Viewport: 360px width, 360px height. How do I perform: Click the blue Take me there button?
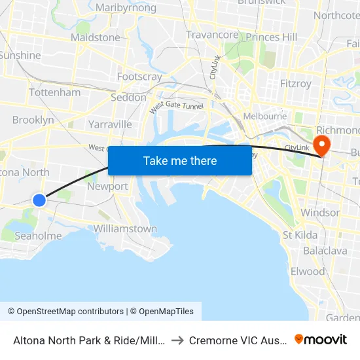[180, 160]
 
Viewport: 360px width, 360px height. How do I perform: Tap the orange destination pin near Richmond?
[322, 144]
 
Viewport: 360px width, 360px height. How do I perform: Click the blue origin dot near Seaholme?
[39, 200]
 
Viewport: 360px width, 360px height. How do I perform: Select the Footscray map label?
[139, 77]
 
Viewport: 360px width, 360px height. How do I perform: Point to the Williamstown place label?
[125, 228]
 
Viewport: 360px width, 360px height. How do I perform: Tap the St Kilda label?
[300, 235]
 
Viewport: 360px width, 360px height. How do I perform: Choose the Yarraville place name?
[110, 124]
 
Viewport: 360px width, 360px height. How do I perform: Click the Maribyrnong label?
[126, 8]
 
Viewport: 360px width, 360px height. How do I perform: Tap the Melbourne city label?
[264, 116]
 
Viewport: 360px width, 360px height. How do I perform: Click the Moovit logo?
[321, 340]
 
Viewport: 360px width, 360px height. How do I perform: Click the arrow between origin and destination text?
[177, 340]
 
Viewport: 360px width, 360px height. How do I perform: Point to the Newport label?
[108, 186]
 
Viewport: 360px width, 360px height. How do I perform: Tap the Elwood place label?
[308, 271]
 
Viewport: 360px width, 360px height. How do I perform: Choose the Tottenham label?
[55, 92]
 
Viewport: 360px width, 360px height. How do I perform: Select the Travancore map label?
[212, 35]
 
